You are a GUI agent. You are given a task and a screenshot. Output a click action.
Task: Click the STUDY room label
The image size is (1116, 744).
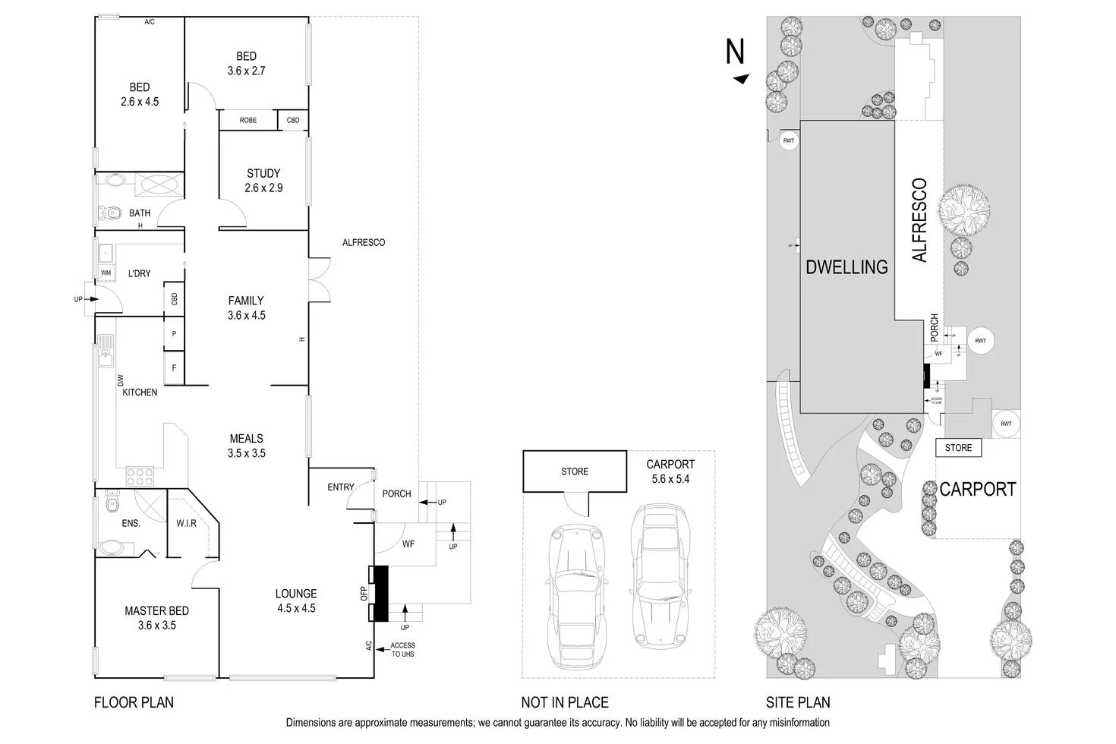(x=263, y=174)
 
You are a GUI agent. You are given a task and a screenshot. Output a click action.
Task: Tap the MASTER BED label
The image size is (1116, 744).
(x=156, y=611)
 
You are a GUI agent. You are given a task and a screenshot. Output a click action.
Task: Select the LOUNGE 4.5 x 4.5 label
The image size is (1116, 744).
(x=296, y=601)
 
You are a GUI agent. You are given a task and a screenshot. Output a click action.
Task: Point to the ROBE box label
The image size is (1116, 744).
(x=247, y=121)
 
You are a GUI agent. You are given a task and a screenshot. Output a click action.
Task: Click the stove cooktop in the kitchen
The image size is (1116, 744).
(x=140, y=477)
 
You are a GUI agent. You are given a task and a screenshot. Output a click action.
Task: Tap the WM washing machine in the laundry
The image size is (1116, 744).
(x=106, y=273)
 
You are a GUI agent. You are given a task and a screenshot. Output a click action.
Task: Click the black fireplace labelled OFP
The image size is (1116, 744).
(x=378, y=593)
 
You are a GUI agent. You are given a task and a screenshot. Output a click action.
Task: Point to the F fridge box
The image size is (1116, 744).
(x=174, y=368)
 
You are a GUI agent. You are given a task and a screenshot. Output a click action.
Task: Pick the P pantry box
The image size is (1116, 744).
(x=174, y=334)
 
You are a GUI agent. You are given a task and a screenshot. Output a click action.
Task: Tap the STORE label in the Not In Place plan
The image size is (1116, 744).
(x=575, y=471)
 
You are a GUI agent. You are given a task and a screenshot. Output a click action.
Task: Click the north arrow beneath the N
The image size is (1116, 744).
(x=741, y=79)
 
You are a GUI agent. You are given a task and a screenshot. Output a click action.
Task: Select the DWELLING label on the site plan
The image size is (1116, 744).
(x=846, y=267)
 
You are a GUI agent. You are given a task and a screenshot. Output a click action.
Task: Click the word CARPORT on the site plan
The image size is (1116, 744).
(x=977, y=490)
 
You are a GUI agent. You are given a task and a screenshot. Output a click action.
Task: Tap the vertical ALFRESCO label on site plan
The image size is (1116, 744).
(x=919, y=220)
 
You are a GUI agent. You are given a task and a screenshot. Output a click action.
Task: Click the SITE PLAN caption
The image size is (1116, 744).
(x=798, y=702)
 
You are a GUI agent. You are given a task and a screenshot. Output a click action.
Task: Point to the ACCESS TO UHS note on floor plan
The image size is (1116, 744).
(x=402, y=650)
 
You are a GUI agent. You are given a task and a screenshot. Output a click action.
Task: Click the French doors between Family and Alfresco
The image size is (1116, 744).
(x=320, y=279)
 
